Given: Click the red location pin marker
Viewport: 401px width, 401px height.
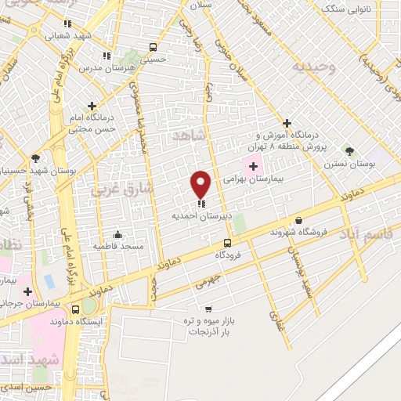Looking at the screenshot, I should (201, 183).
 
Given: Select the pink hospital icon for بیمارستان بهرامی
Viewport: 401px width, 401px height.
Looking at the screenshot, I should (253, 164).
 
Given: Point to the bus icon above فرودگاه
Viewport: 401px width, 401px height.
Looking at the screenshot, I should (227, 243).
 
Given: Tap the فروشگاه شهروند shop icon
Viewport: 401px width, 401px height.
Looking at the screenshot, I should (298, 221).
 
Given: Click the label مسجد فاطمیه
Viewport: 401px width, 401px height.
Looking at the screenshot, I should (117, 246).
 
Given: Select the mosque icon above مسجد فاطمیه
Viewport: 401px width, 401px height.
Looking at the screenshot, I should (117, 233).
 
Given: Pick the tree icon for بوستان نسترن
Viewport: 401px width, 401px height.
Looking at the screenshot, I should (349, 151).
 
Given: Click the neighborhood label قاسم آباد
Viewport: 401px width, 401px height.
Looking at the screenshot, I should (366, 233).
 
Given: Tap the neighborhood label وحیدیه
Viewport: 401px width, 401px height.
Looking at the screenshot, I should (314, 67).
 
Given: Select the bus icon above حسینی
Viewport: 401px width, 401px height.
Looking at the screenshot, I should (153, 47).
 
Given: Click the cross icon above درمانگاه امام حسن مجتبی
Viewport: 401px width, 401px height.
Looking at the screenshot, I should (92, 106).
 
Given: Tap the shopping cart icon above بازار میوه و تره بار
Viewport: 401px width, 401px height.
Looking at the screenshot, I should (208, 309).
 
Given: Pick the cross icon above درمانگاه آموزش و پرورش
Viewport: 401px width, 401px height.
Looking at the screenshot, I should (287, 123).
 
